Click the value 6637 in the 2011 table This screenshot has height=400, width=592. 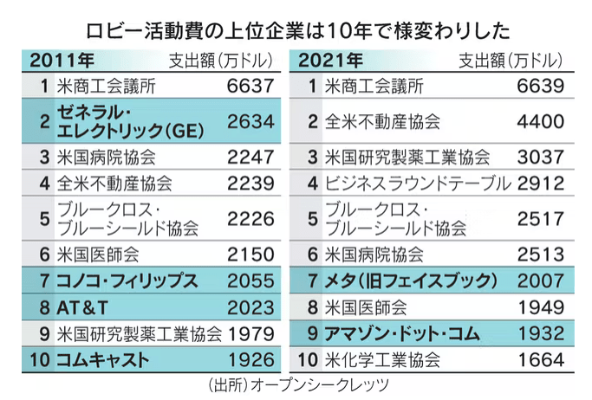(250, 87)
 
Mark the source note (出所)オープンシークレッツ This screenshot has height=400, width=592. (295, 384)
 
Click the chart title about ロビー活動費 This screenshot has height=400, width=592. (296, 29)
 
